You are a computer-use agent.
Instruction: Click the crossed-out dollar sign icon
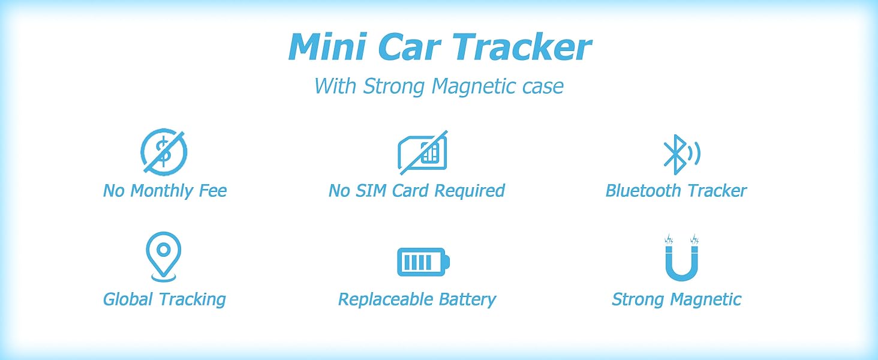coord(164,152)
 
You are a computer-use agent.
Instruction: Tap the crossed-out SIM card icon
coord(423,152)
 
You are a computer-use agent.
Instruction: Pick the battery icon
coord(423,262)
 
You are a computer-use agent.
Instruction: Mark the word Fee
coord(213,191)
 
